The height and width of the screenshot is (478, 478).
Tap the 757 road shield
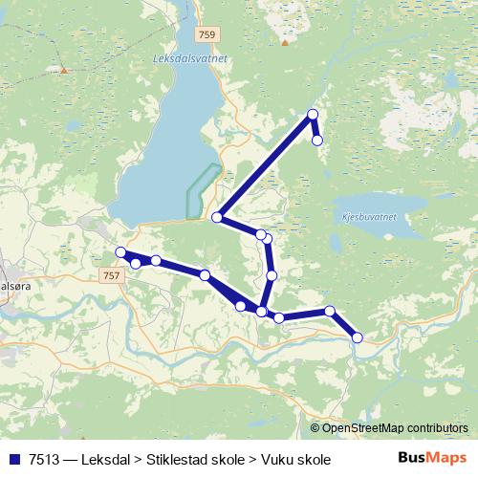(x=111, y=275)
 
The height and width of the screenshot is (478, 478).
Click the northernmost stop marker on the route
(x=312, y=116)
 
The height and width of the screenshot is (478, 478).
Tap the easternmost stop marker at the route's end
(x=358, y=337)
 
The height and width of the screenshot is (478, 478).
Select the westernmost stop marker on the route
(x=120, y=252)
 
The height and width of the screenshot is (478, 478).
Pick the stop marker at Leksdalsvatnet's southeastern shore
(x=217, y=218)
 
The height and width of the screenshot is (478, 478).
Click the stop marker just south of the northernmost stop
(x=317, y=141)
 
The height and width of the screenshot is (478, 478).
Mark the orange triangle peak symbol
(x=64, y=70)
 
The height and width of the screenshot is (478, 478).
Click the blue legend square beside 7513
(x=14, y=459)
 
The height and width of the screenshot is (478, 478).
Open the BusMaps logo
(x=432, y=458)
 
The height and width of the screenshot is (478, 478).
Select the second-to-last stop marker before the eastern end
(x=330, y=311)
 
